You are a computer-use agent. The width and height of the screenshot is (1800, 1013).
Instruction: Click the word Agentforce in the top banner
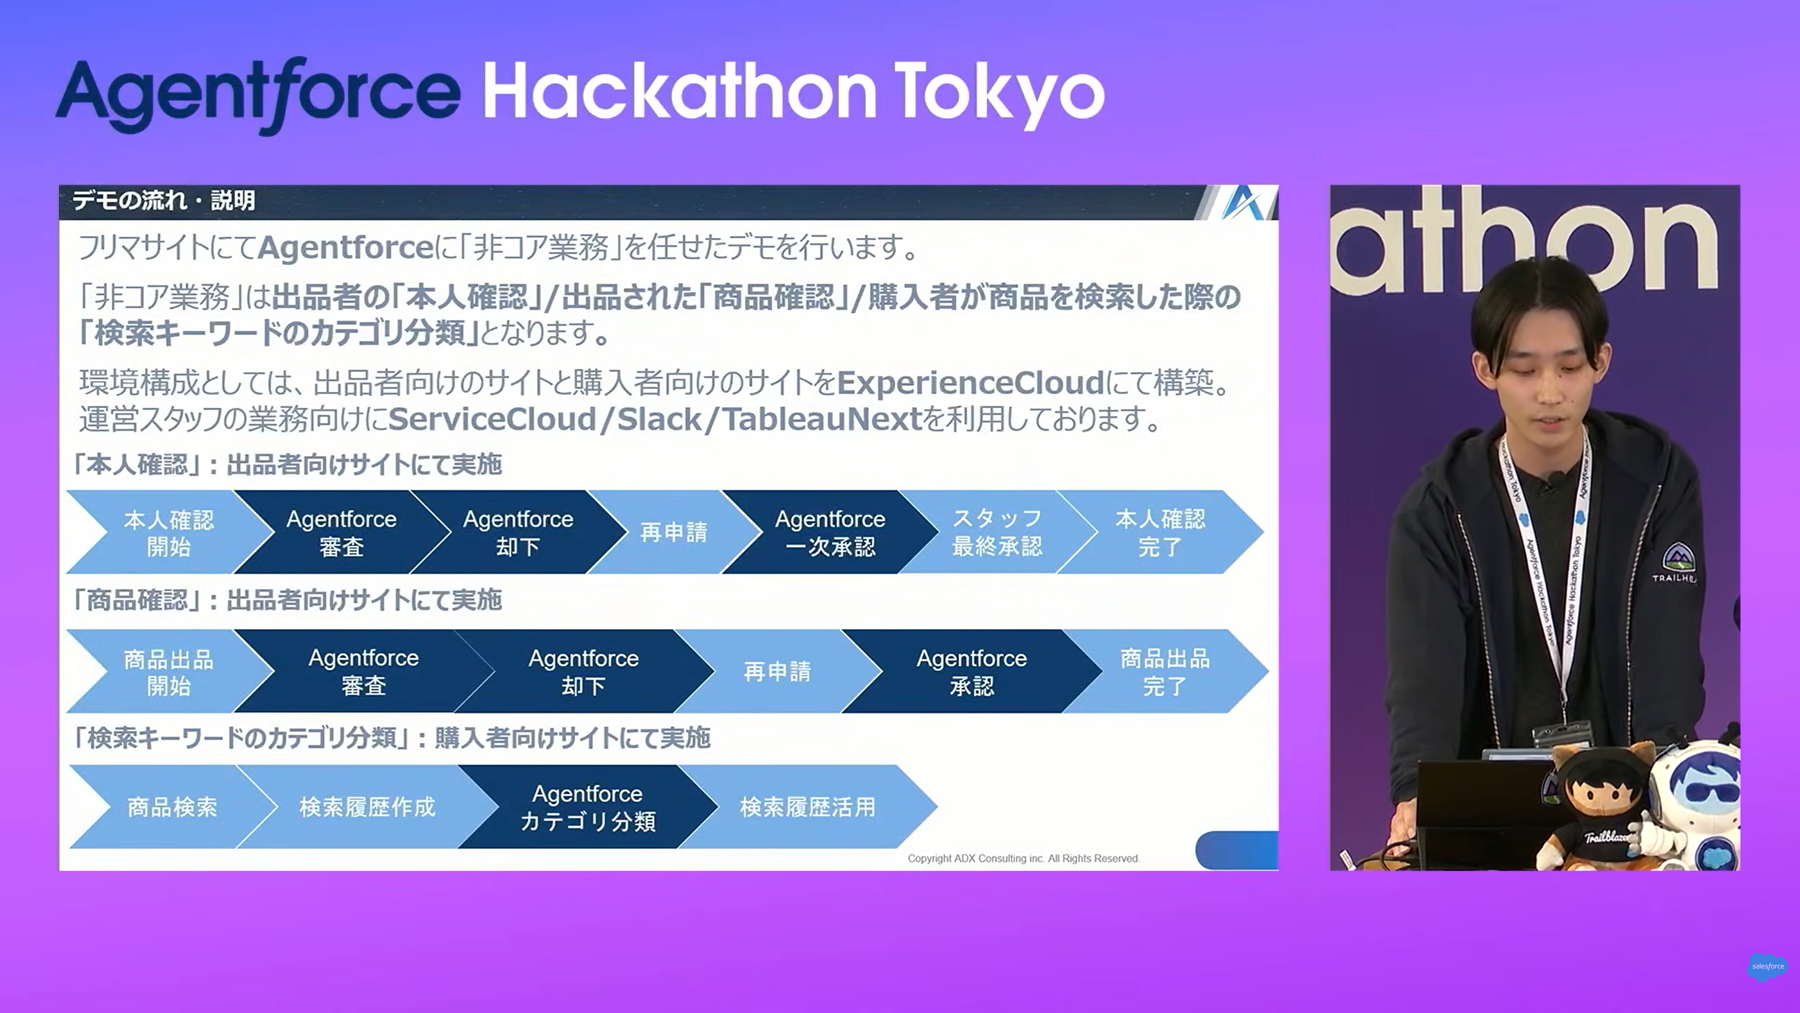pyautogui.click(x=258, y=94)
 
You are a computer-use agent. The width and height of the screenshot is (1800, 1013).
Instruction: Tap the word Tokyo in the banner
pyautogui.click(x=999, y=94)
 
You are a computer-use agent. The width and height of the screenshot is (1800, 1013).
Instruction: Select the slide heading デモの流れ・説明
pyautogui.click(x=164, y=201)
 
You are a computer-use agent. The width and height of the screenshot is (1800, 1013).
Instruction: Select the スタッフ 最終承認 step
pyautogui.click(x=997, y=532)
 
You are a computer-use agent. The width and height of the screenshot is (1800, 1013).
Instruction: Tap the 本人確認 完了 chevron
pyautogui.click(x=1161, y=532)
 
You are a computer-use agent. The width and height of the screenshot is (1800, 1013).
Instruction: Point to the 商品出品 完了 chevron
pyautogui.click(x=1165, y=671)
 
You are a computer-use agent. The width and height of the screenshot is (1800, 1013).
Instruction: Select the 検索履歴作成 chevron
pyautogui.click(x=367, y=807)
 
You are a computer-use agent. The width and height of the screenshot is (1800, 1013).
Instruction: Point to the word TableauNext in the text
pyautogui.click(x=822, y=419)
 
